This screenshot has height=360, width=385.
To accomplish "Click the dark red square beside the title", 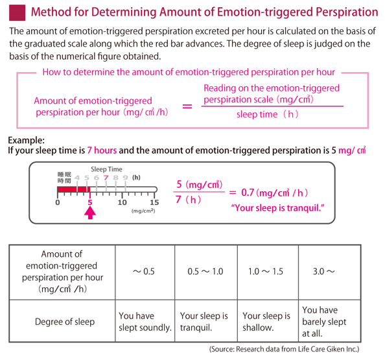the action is (x=17, y=13).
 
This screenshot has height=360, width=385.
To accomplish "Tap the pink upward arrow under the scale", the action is (x=90, y=213).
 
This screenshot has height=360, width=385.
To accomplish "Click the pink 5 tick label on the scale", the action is (x=90, y=202).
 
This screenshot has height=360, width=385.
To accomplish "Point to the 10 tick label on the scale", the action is (x=122, y=202).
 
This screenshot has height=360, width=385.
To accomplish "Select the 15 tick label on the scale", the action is (x=154, y=202).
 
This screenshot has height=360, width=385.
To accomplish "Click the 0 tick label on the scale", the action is (x=58, y=202).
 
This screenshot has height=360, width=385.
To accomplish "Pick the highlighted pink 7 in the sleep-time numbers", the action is (x=106, y=178).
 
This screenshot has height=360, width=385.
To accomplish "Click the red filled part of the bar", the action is (x=74, y=189).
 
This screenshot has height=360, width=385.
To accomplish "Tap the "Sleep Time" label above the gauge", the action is (x=106, y=169).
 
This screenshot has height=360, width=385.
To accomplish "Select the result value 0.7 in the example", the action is (x=248, y=193).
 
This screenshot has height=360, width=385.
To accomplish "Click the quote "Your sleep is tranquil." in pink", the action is (x=277, y=208).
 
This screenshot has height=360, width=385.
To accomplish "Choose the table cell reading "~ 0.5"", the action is (x=145, y=272).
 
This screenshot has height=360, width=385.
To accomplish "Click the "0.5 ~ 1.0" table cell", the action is (x=206, y=272).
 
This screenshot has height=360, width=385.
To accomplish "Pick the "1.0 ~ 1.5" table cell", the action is (x=268, y=272).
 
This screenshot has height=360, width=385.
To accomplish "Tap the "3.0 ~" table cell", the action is (x=329, y=272).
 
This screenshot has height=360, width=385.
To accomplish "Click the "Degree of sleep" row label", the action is (x=65, y=322).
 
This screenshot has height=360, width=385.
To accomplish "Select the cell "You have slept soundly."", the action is (x=145, y=322).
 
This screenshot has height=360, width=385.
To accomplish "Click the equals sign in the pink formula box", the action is (x=187, y=106).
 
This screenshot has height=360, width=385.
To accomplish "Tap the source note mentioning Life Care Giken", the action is (x=285, y=349).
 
